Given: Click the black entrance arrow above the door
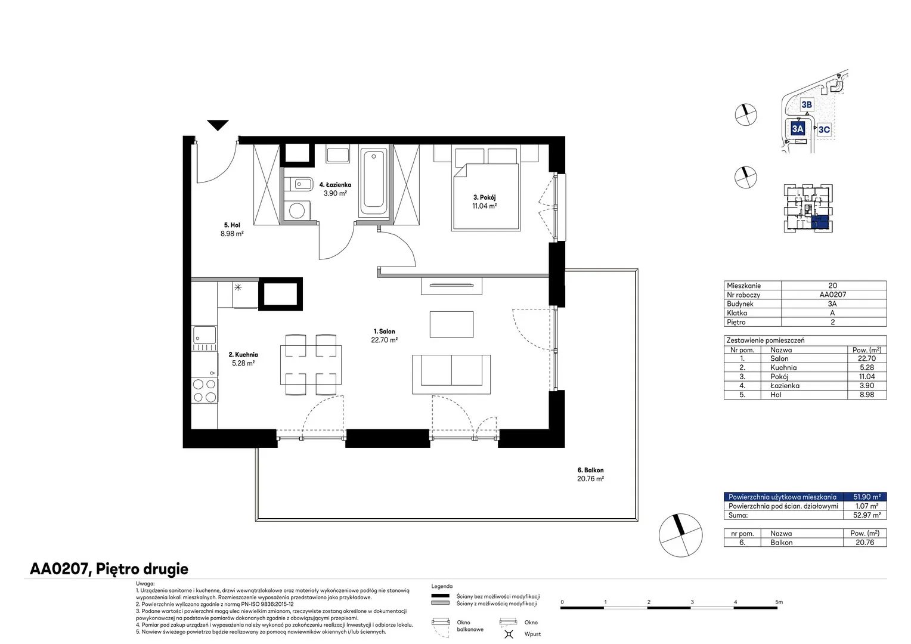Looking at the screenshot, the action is pyautogui.click(x=218, y=125).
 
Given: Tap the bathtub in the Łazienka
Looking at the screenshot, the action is pyautogui.click(x=373, y=181).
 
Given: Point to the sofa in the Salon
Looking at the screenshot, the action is pyautogui.click(x=451, y=374).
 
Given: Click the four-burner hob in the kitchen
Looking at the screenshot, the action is pyautogui.click(x=204, y=391).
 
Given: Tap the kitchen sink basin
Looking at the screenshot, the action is pyautogui.click(x=204, y=335).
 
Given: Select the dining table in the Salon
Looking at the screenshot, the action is pyautogui.click(x=311, y=365).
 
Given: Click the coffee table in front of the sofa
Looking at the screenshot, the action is pyautogui.click(x=451, y=324).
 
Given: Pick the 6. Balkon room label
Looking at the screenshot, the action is pyautogui.click(x=590, y=470).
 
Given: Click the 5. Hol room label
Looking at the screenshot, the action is pyautogui.click(x=232, y=225).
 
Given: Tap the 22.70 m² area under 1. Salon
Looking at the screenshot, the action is pyautogui.click(x=385, y=340).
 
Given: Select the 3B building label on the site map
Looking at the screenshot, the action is pyautogui.click(x=807, y=105).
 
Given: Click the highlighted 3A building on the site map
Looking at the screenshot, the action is pyautogui.click(x=798, y=129).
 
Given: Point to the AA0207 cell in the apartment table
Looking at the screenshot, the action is pyautogui.click(x=833, y=295).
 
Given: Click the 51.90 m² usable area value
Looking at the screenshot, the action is pyautogui.click(x=867, y=497).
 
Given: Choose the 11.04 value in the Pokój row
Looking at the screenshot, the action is pyautogui.click(x=867, y=377).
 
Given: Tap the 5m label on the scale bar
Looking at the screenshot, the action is pyautogui.click(x=779, y=602).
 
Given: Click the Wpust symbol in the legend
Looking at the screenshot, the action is pyautogui.click(x=509, y=634).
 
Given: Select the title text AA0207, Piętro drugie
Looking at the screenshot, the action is pyautogui.click(x=109, y=569).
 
